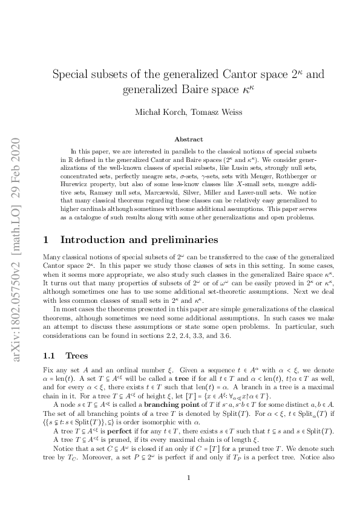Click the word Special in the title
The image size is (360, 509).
(73, 76)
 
